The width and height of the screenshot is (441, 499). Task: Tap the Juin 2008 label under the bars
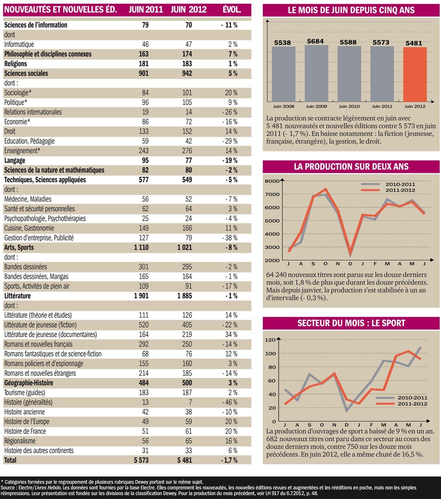(283, 106)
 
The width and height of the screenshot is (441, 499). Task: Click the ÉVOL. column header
(232, 10)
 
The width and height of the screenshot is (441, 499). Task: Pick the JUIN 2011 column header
(146, 10)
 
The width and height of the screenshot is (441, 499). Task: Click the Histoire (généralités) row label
(28, 402)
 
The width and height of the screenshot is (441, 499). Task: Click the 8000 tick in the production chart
(273, 181)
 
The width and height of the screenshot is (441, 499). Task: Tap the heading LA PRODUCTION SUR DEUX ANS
(351, 166)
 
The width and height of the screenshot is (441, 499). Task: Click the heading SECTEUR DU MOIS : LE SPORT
(351, 323)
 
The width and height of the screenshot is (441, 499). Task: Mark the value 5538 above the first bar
(283, 43)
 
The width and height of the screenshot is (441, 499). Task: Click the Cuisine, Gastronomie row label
(29, 228)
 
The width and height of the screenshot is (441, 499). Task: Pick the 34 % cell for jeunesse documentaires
(232, 335)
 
